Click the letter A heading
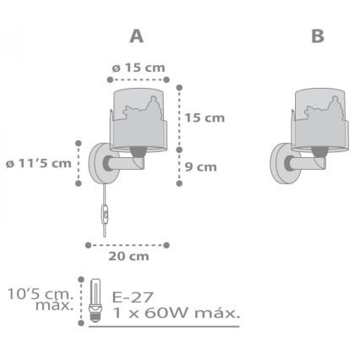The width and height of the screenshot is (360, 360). (135, 38)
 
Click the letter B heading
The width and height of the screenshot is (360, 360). (317, 38)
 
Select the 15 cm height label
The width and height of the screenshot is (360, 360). (205, 117)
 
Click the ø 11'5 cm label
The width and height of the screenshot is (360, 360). (38, 163)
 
